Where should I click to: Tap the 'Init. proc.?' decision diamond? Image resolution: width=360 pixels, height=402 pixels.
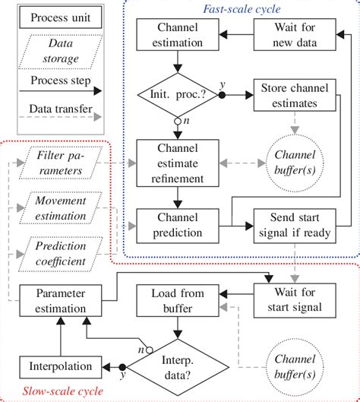click(x=177, y=96)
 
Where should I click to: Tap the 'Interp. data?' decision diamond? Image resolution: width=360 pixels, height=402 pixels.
click(x=177, y=364)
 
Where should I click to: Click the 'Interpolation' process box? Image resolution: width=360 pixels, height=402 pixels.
click(x=58, y=364)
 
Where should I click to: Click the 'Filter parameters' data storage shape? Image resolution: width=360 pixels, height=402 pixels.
click(x=63, y=163)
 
